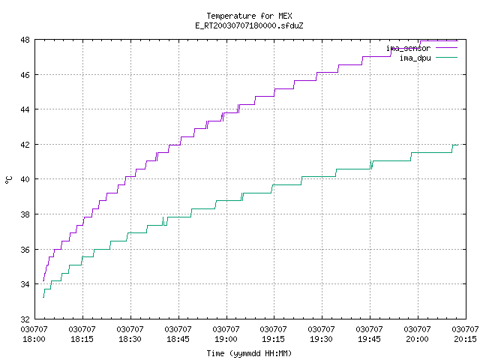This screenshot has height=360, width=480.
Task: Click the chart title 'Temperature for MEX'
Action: click(249, 16)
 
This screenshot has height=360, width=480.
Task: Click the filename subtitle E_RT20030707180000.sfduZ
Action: click(249, 25)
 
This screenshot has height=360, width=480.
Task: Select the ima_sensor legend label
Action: click(408, 48)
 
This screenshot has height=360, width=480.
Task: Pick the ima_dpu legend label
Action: click(415, 58)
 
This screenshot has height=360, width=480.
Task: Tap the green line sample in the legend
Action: click(447, 57)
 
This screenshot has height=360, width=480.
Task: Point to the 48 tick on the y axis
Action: click(25, 40)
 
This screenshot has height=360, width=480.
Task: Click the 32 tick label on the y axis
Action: click(25, 319)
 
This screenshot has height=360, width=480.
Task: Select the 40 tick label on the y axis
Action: click(25, 179)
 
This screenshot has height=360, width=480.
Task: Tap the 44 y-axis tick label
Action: click(25, 109)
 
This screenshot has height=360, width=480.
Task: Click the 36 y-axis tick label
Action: click(25, 250)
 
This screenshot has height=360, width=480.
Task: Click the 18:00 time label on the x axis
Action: click(34, 339)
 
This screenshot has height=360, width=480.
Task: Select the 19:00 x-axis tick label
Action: click(226, 339)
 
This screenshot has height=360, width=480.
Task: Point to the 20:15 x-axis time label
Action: click(466, 339)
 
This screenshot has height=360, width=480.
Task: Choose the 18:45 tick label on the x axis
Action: click(178, 339)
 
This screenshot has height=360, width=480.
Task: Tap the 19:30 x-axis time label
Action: click(321, 339)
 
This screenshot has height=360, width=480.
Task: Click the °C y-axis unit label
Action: click(9, 180)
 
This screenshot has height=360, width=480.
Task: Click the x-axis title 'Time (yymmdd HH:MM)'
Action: click(249, 353)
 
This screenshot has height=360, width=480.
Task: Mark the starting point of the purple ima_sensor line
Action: click(43, 280)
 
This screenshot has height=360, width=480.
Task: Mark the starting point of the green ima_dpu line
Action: click(43, 297)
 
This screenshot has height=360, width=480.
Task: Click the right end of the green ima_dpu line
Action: click(458, 145)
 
